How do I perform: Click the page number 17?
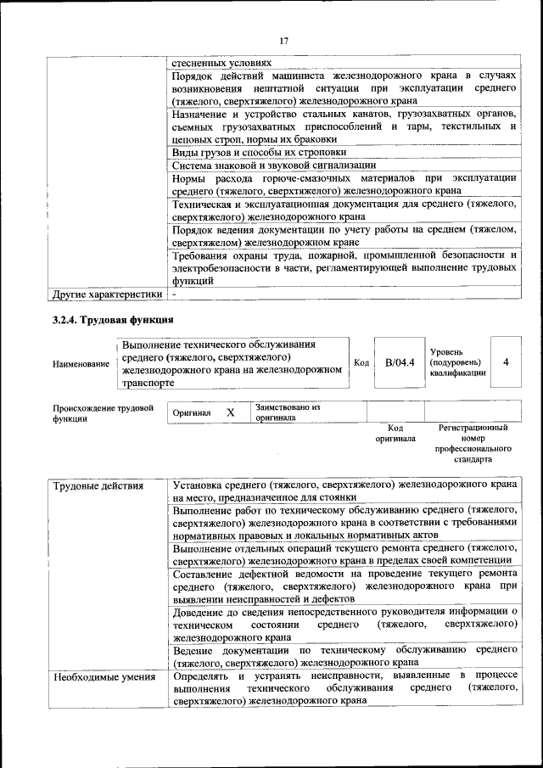283,41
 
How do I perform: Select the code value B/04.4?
399,362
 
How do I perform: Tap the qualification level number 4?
506,362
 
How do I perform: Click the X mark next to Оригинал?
230,412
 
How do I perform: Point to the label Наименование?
81,364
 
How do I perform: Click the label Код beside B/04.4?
361,363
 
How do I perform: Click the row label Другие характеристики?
106,294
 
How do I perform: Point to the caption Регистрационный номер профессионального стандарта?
473,444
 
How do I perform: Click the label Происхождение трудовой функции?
103,412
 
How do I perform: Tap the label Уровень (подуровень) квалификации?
457,362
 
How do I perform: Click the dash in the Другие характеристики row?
173,294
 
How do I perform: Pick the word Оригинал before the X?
191,412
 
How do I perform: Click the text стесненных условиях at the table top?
221,62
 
